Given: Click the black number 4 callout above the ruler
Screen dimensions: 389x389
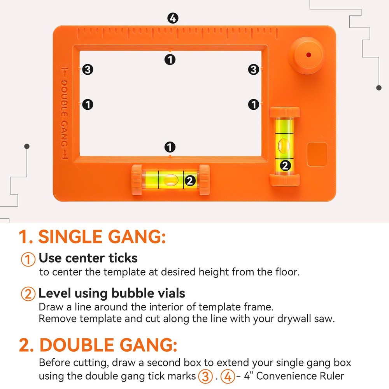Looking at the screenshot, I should pos(173,18).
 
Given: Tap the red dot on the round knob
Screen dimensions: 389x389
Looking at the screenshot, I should pos(308,54).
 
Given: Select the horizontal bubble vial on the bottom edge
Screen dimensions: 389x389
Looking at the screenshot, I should pos(170,180).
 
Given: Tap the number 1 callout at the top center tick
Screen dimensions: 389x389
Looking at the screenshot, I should pos(170,60).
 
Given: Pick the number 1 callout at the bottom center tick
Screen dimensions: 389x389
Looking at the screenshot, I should pos(170,147).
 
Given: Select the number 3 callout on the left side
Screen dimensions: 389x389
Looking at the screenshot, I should pos(88,70).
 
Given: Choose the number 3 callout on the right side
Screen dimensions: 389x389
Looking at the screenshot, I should pos(254,70).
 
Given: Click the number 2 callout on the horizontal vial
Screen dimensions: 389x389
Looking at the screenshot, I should pos(190,180).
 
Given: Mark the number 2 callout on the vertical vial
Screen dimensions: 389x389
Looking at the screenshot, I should pos(286,165).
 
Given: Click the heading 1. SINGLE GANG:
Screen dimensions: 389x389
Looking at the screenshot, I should pos(92,237).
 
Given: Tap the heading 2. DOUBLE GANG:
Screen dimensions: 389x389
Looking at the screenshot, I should pos(98,345).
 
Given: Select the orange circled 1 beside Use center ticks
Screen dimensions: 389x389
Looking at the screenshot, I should pos(28,259).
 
